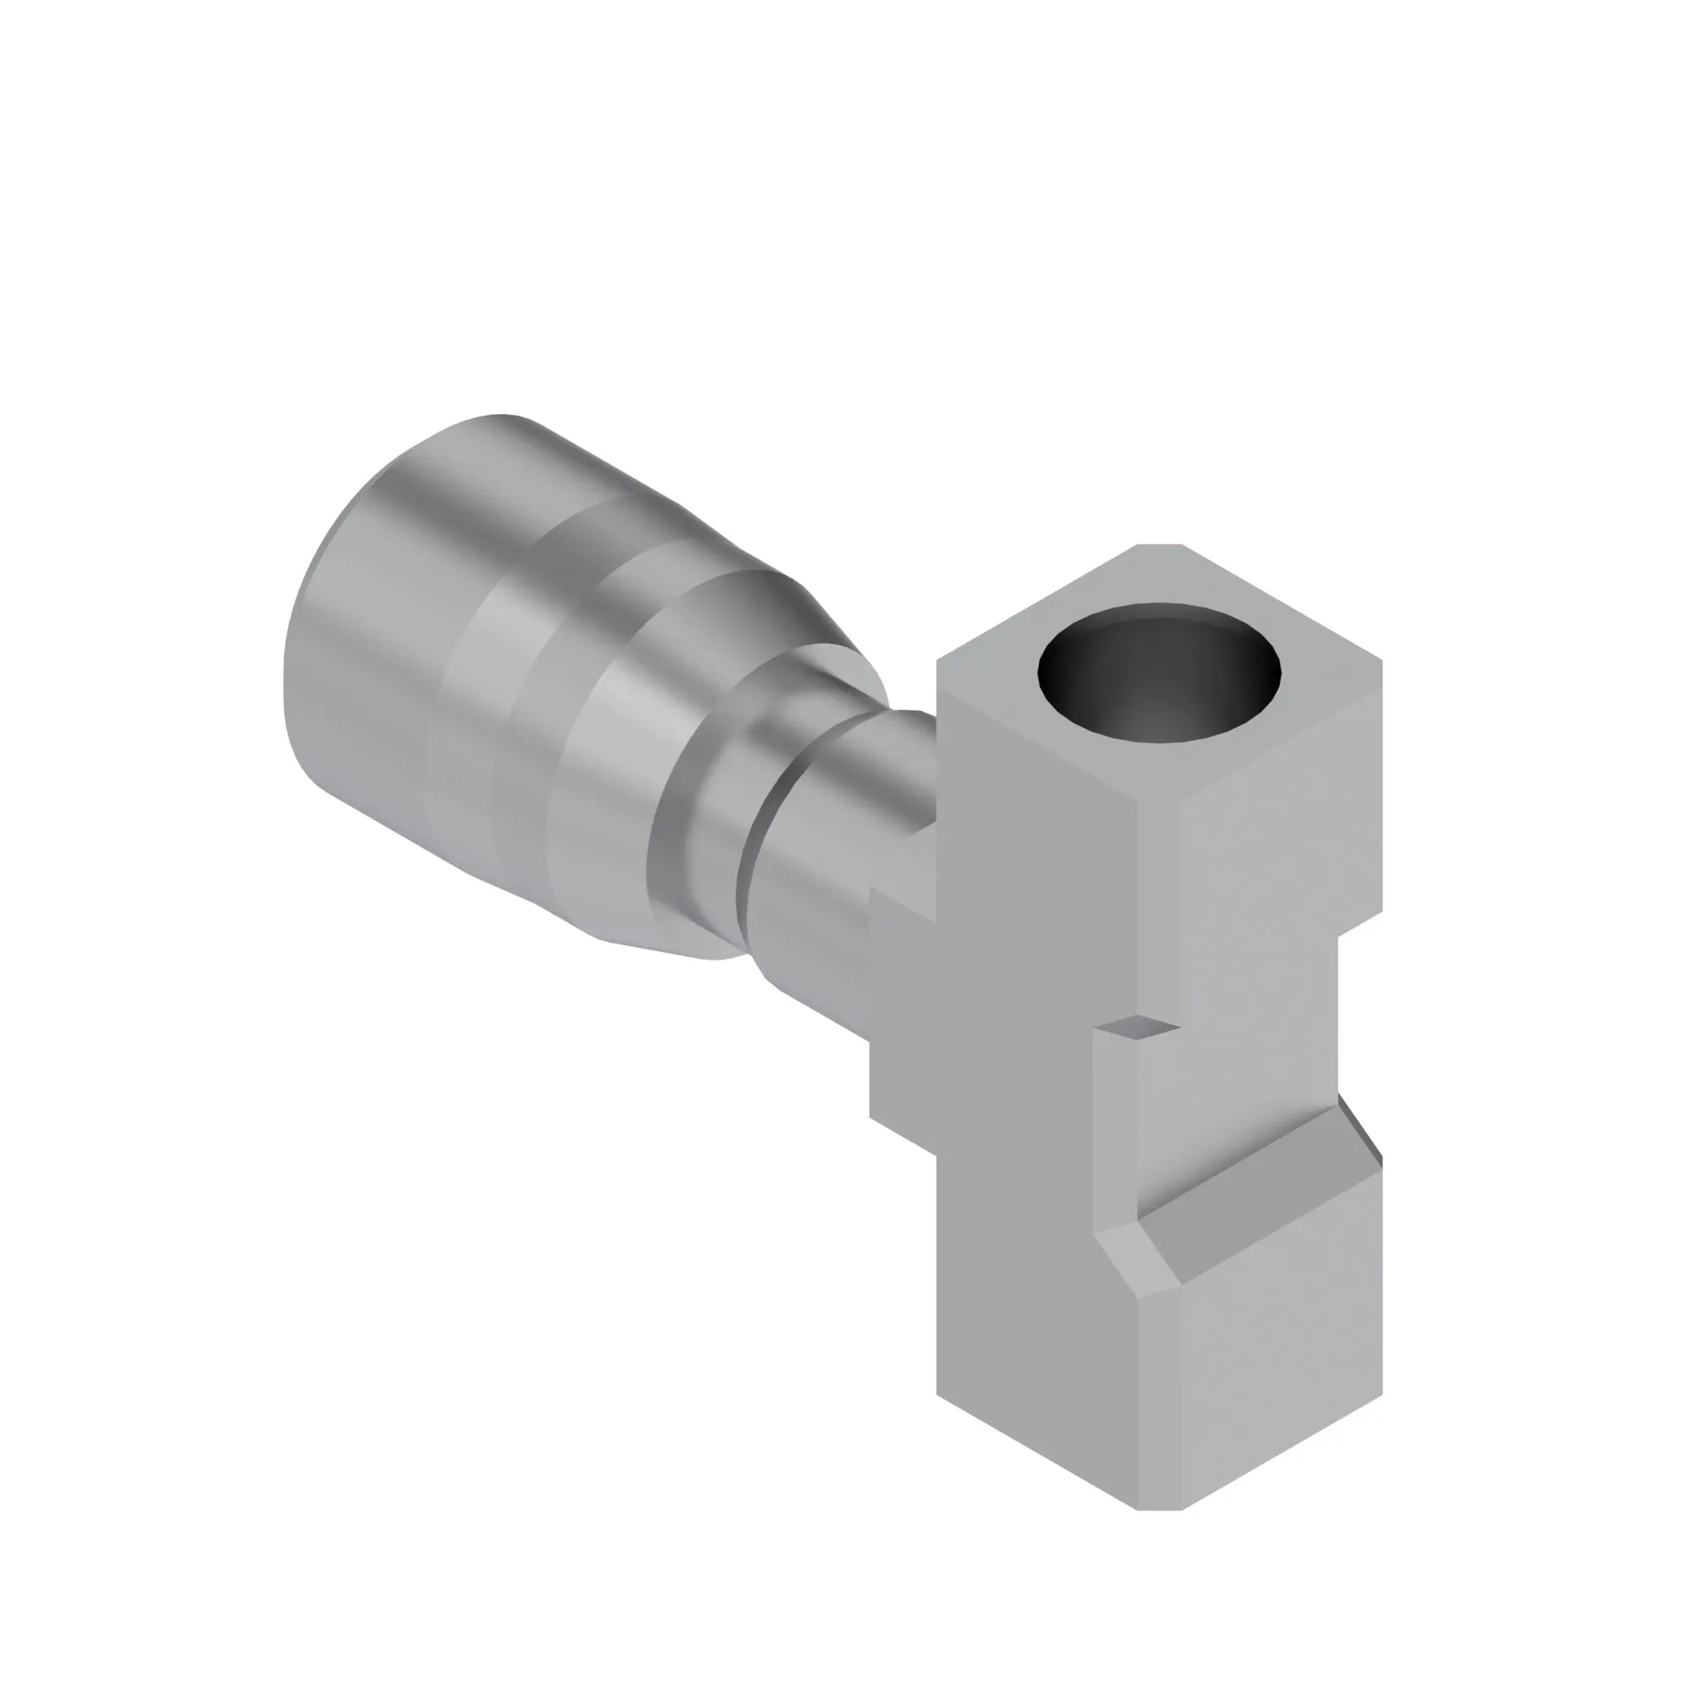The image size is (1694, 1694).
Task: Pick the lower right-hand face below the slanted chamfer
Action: [x=1280, y=1368]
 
